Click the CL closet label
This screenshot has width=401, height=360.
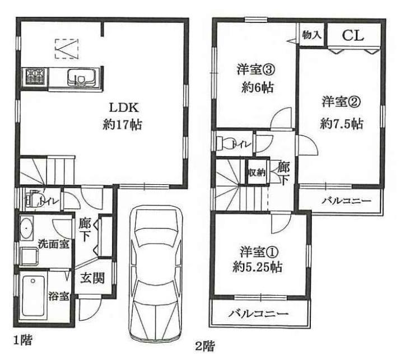click(353, 36)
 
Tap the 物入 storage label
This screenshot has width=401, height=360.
click(311, 35)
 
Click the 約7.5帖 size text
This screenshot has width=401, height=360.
click(342, 124)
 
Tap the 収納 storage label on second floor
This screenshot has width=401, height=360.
click(257, 173)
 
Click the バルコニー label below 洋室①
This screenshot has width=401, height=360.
click(258, 314)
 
